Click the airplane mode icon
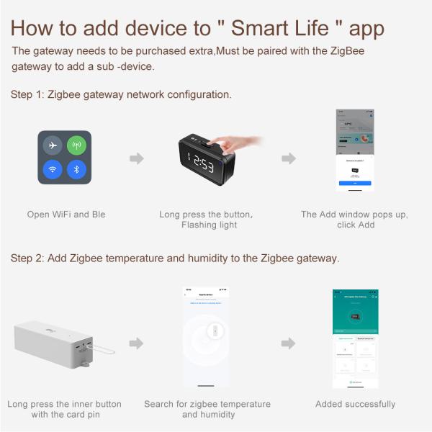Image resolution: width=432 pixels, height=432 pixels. coord(52,145)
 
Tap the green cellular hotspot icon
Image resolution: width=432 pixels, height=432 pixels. coord(76,145)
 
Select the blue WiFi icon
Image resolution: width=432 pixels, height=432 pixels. coord(52,170)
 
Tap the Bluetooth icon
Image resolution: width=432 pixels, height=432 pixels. coord(76,170)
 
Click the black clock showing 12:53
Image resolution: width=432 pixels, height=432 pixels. coord(204,163)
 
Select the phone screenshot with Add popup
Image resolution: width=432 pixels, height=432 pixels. coord(354,150)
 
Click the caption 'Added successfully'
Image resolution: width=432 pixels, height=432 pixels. coord(355,404)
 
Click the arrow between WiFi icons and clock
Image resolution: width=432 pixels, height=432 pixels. coord(137,158)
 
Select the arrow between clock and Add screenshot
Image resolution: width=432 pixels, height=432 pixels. coord(288,158)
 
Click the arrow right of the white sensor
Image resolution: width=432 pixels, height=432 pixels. coord(137,343)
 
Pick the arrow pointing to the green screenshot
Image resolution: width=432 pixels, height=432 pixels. coord(288,343)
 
